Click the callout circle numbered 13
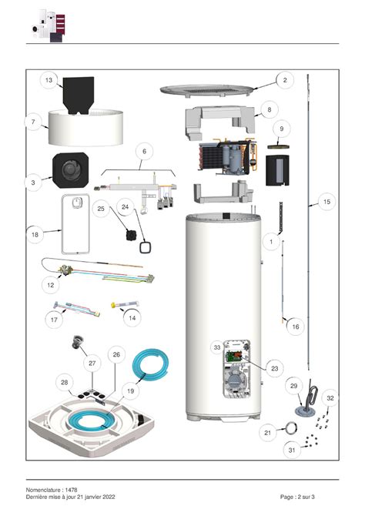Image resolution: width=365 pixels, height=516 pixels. pos(49,80)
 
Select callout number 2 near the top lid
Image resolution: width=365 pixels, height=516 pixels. pos(284,80)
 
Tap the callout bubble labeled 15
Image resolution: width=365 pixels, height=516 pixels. pos(326,202)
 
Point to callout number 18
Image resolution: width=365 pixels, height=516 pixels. pos(35,233)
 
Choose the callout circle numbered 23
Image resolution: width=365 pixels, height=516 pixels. pos(275,368)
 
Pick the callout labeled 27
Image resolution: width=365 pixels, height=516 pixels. pos(92,363)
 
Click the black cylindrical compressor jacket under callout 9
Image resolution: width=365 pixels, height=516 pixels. pos(276,169)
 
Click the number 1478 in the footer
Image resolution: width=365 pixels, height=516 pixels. pos(71,490)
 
